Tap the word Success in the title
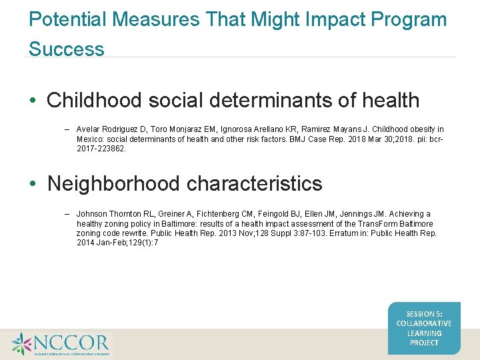[67, 49]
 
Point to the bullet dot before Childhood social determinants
[33, 101]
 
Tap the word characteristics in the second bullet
[267, 183]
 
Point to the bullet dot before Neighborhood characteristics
[33, 184]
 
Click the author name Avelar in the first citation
[89, 129]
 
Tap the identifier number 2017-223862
[101, 149]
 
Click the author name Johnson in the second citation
[93, 214]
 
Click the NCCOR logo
[60, 344]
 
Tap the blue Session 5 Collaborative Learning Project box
[424, 328]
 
